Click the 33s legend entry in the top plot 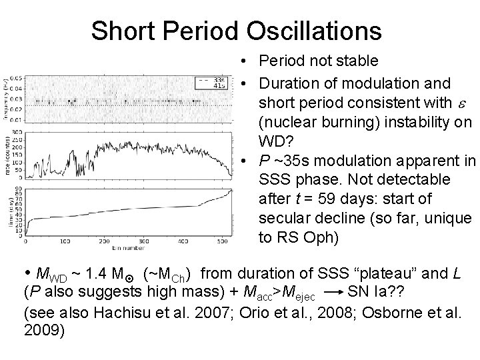tap(217, 80)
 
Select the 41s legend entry tap(217, 86)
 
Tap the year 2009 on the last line tap(43, 331)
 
